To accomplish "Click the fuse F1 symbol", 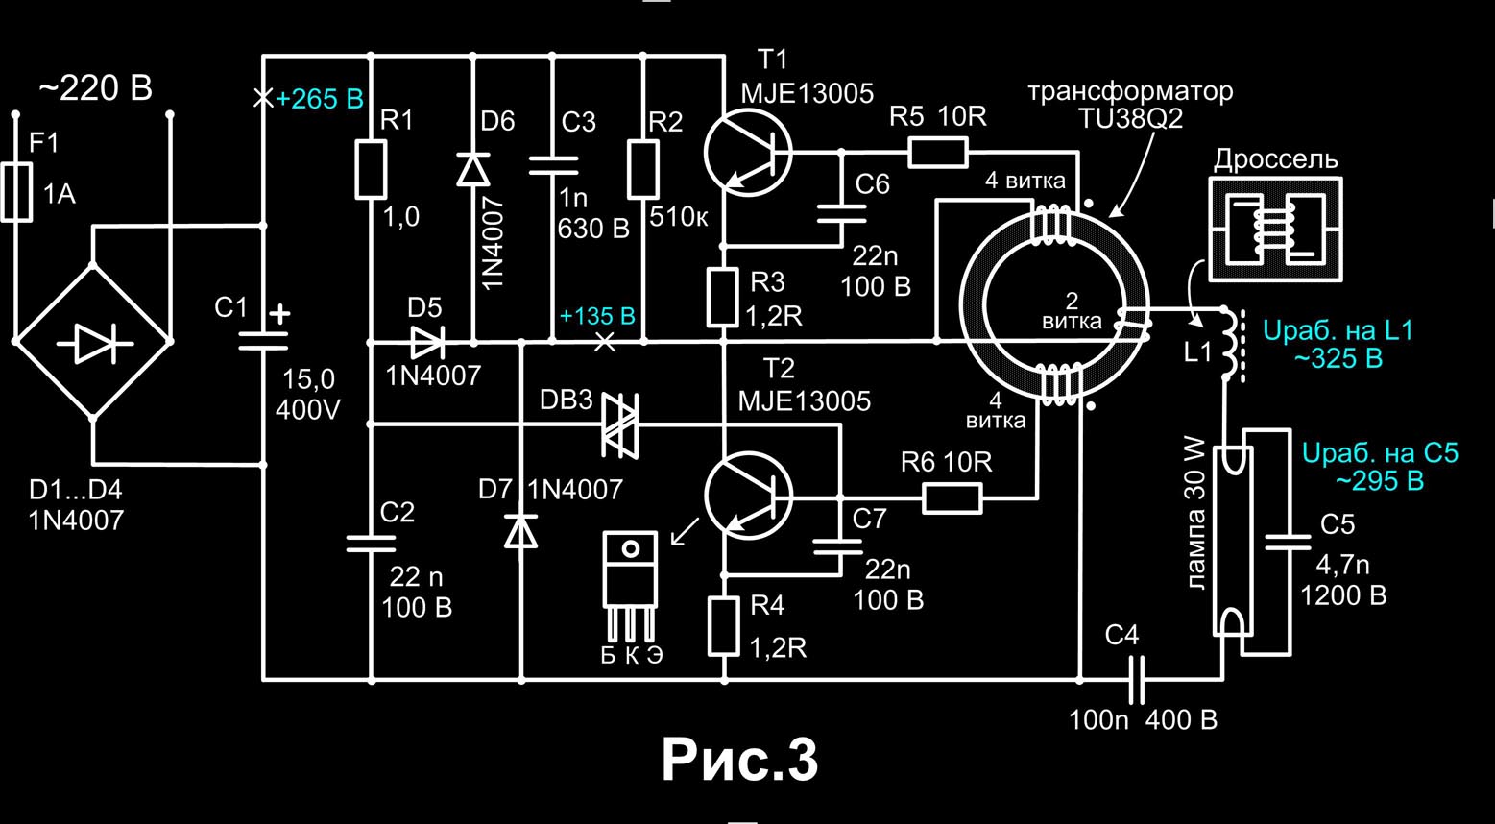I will pos(15,192).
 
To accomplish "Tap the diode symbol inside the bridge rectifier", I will pos(93,342).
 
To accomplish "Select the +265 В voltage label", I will pos(319,100).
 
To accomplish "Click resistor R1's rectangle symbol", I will pos(371,170).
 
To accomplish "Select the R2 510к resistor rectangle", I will pos(643,170).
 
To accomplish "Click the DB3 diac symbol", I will pos(619,424).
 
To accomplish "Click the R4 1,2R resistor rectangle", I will pos(723,626).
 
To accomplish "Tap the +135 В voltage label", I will pos(597,317).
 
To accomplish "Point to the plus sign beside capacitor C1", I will pos(279,314).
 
